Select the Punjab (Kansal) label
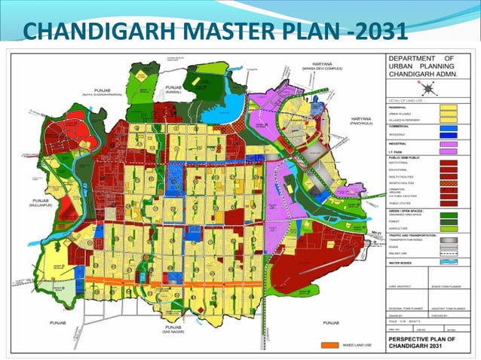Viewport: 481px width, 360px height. click(175, 89)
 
